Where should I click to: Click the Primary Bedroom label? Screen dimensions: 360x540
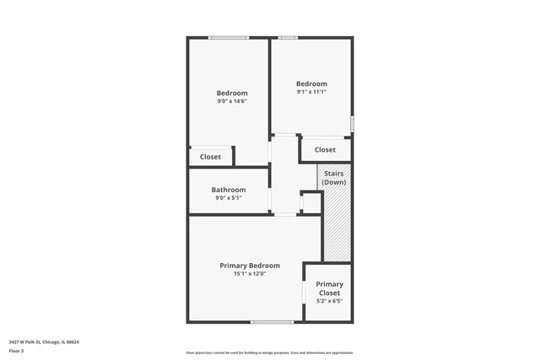(x=250, y=266)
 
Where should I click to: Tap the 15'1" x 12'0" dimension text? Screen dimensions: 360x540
(x=250, y=273)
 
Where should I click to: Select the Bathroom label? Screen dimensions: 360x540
(x=229, y=190)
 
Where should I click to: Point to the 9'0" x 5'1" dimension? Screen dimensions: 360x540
(x=229, y=198)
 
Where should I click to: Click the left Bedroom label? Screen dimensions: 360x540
(x=232, y=93)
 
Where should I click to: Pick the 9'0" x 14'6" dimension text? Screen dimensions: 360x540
(x=232, y=101)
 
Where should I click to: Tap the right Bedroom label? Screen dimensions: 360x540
(x=311, y=83)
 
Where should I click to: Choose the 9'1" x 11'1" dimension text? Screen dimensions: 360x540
(x=311, y=92)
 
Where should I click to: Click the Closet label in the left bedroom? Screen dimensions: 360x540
(x=210, y=157)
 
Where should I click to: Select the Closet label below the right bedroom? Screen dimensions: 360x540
(x=325, y=150)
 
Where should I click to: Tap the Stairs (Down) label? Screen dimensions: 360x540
(x=334, y=178)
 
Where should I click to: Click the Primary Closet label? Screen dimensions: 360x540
(x=330, y=288)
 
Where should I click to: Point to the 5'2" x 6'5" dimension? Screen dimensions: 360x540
(x=330, y=301)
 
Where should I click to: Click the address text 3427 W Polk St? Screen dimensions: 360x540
(x=44, y=341)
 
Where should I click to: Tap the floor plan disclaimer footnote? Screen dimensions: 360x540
(x=270, y=353)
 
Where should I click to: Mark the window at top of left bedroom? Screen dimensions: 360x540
(x=229, y=37)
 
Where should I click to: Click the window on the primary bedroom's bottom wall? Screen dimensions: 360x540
(x=272, y=321)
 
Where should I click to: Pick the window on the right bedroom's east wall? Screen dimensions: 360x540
(x=353, y=122)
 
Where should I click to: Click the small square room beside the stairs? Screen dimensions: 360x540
(x=310, y=203)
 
